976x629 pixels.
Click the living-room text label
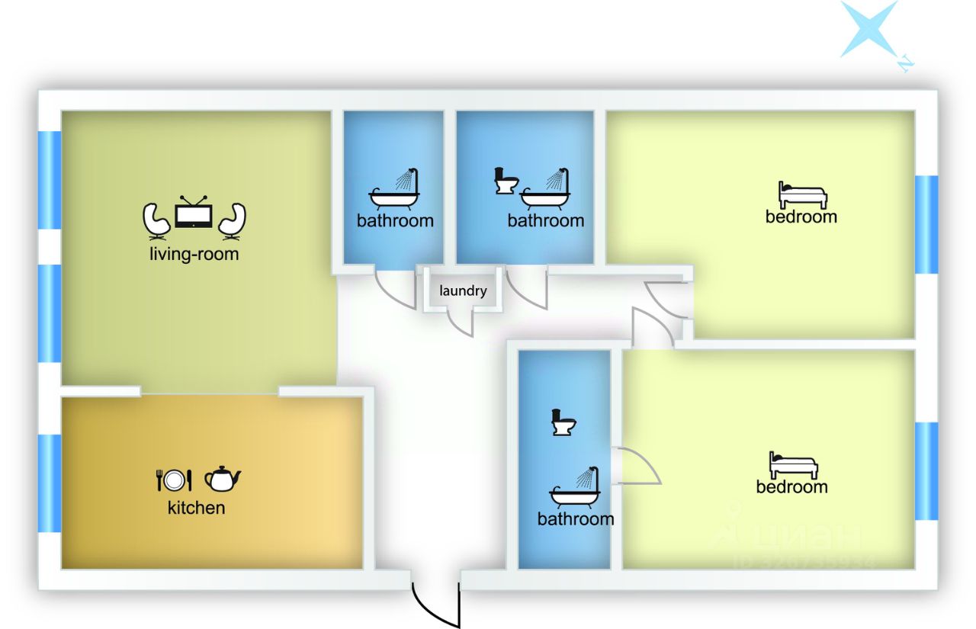point(194,254)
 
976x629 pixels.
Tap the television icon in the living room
point(194,213)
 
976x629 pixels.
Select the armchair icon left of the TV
point(157,220)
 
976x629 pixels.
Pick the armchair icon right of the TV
point(232,220)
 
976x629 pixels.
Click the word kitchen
point(196,507)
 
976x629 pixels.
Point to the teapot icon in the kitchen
point(223,479)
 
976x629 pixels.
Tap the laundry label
point(463,290)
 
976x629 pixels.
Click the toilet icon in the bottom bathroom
point(563,422)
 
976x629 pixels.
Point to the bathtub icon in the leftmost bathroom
point(394,191)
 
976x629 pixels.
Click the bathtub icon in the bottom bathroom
point(575,490)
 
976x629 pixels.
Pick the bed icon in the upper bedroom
point(802,195)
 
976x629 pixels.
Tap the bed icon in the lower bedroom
point(793,465)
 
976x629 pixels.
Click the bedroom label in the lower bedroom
point(791,486)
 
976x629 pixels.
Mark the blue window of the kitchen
point(50,483)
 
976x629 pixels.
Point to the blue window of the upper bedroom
point(926,225)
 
